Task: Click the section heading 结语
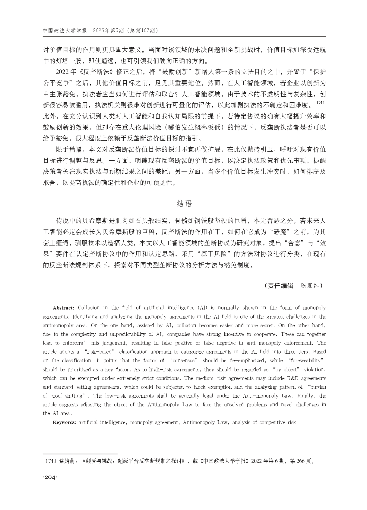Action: click(184, 204)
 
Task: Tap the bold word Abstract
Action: click(63, 308)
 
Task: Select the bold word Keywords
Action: click(65, 422)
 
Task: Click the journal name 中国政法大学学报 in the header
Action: click(65, 31)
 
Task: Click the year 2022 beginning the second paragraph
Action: click(62, 72)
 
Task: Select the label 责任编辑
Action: click(280, 286)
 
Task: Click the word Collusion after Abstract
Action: click(89, 308)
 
